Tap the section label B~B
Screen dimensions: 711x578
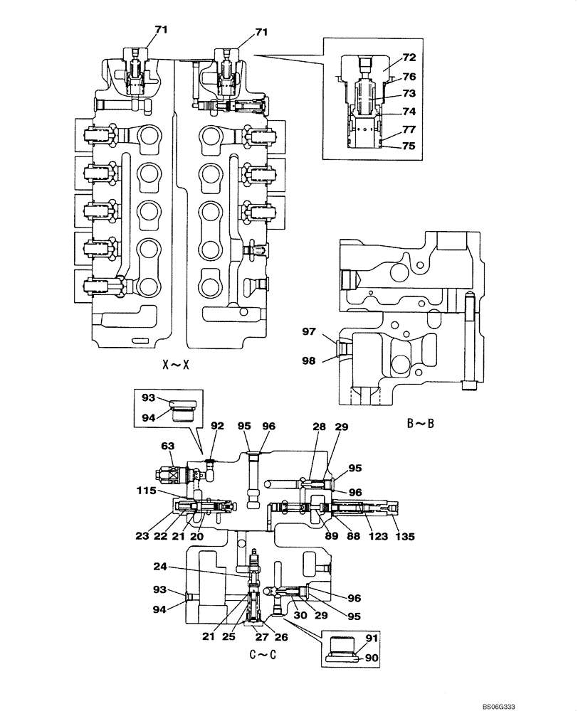[421, 424]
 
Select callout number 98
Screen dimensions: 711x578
[307, 362]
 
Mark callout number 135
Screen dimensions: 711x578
[404, 537]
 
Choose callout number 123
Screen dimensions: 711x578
[377, 537]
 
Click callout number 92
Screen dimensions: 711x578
[217, 427]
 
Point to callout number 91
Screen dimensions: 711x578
[369, 638]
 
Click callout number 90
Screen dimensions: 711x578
[369, 658]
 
